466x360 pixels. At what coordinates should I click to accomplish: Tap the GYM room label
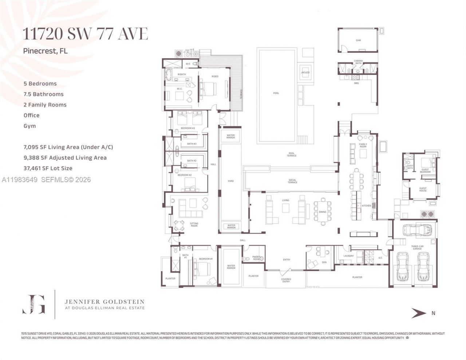pyautogui.click(x=358, y=40)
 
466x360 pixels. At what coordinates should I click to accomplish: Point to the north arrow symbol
pyautogui.click(x=419, y=313)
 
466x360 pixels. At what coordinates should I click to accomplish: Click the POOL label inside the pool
pyautogui.click(x=276, y=93)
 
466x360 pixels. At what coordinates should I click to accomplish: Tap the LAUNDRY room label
pyautogui.click(x=348, y=256)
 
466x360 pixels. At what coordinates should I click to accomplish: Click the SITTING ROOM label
pyautogui.click(x=194, y=225)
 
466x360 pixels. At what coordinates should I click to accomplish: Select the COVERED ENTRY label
pyautogui.click(x=286, y=280)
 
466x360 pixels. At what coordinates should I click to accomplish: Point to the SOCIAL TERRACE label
pyautogui.click(x=292, y=181)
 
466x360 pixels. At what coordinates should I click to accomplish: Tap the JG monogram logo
pyautogui.click(x=33, y=304)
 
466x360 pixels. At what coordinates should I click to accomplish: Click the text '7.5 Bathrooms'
pyautogui.click(x=43, y=94)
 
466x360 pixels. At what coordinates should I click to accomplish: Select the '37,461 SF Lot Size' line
pyautogui.click(x=48, y=168)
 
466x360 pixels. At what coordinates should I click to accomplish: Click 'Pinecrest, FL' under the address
pyautogui.click(x=45, y=51)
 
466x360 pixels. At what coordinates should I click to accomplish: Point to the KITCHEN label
pyautogui.click(x=366, y=206)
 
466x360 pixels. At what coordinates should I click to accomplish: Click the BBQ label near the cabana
pyautogui.click(x=356, y=83)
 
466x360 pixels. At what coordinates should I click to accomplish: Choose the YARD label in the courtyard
pyautogui.click(x=230, y=181)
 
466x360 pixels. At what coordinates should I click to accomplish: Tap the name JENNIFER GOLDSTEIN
pyautogui.click(x=104, y=302)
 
